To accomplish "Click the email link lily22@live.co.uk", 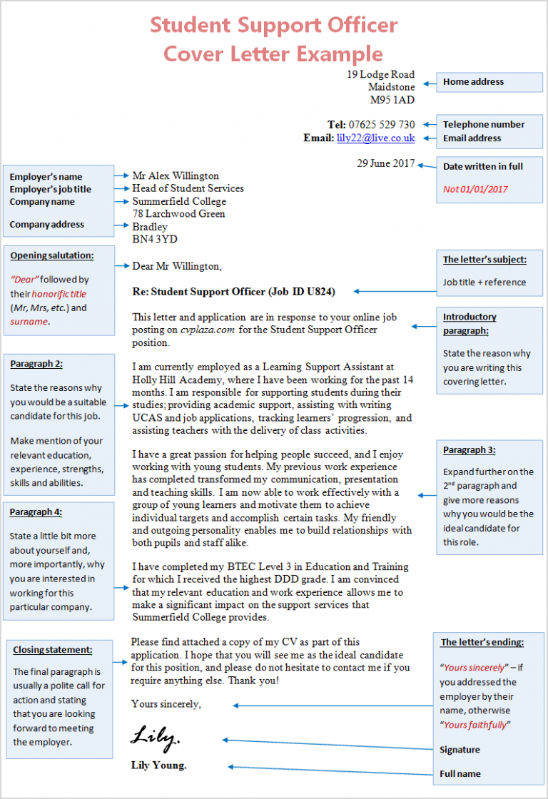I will pos(375,138).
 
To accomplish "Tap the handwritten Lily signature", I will pos(155,736).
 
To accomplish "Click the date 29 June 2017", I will pos(385,163).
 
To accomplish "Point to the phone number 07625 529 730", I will pos(382,124).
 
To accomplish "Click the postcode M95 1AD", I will pos(392,100).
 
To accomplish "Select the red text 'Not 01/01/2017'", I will pos(475,189).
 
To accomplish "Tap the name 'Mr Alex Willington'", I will pos(176,175).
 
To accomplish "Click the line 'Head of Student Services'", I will pos(188,188).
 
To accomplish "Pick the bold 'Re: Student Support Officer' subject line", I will pos(233,291).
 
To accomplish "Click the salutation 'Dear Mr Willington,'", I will pos(177,266).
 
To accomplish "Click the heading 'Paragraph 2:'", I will pos(36,364).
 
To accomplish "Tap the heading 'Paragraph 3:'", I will pos(469,450).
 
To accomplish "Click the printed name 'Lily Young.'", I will pos(158,765).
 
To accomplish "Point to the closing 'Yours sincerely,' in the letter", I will pos(166,704).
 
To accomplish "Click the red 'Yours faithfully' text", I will pos(475,725).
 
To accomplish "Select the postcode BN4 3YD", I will pos(155,239).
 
